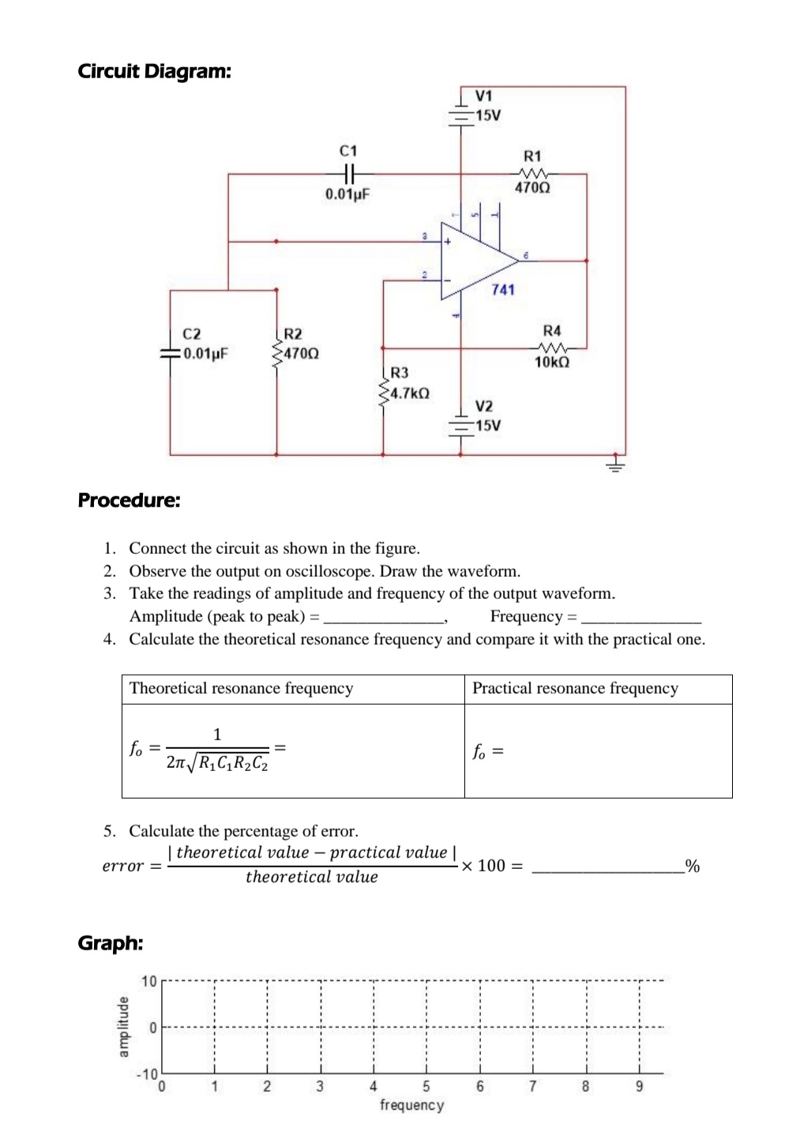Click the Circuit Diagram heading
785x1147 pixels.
click(155, 71)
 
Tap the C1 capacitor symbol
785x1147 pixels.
click(348, 174)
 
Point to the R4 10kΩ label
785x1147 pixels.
click(552, 346)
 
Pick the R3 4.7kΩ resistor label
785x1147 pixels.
click(408, 383)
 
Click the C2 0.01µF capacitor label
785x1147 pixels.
click(204, 344)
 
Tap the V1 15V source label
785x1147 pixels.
click(487, 106)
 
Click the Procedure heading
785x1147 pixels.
click(129, 500)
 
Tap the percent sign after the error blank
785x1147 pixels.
click(693, 866)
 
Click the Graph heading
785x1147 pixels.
click(111, 942)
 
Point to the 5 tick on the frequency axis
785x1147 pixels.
click(426, 1086)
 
